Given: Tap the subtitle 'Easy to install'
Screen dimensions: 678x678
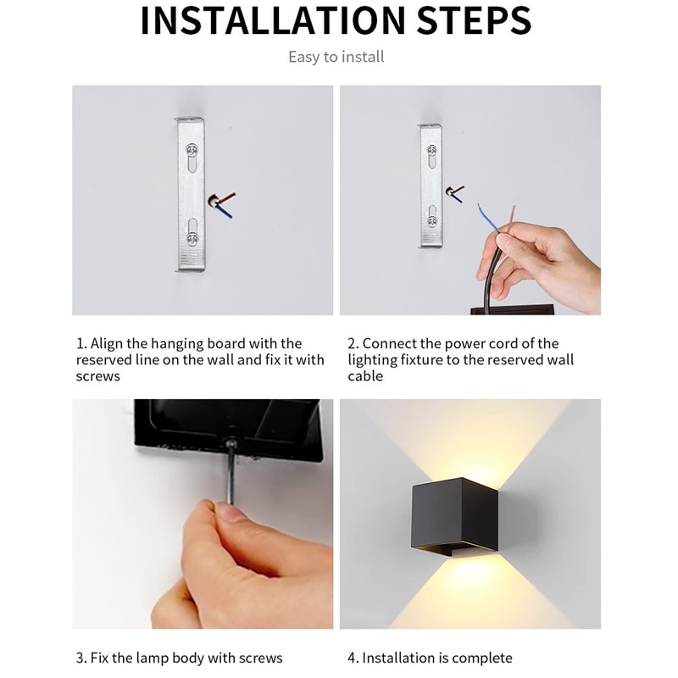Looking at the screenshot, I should click(x=336, y=57).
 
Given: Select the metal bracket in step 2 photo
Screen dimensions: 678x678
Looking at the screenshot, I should click(x=431, y=186).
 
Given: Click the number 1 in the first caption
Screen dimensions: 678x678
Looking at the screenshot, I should click(x=80, y=343).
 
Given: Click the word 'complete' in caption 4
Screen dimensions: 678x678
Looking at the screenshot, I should click(x=481, y=658).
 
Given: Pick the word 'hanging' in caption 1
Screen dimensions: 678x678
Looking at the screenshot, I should click(x=179, y=343).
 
